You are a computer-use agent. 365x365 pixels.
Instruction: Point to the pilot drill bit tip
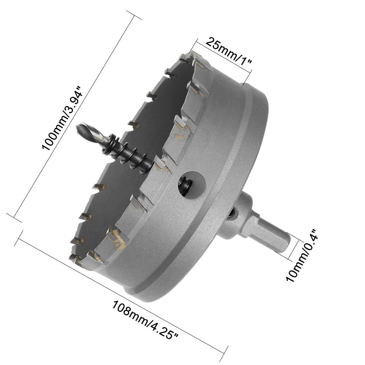coord(80,127)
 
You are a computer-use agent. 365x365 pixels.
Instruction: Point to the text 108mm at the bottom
coord(128,311)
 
